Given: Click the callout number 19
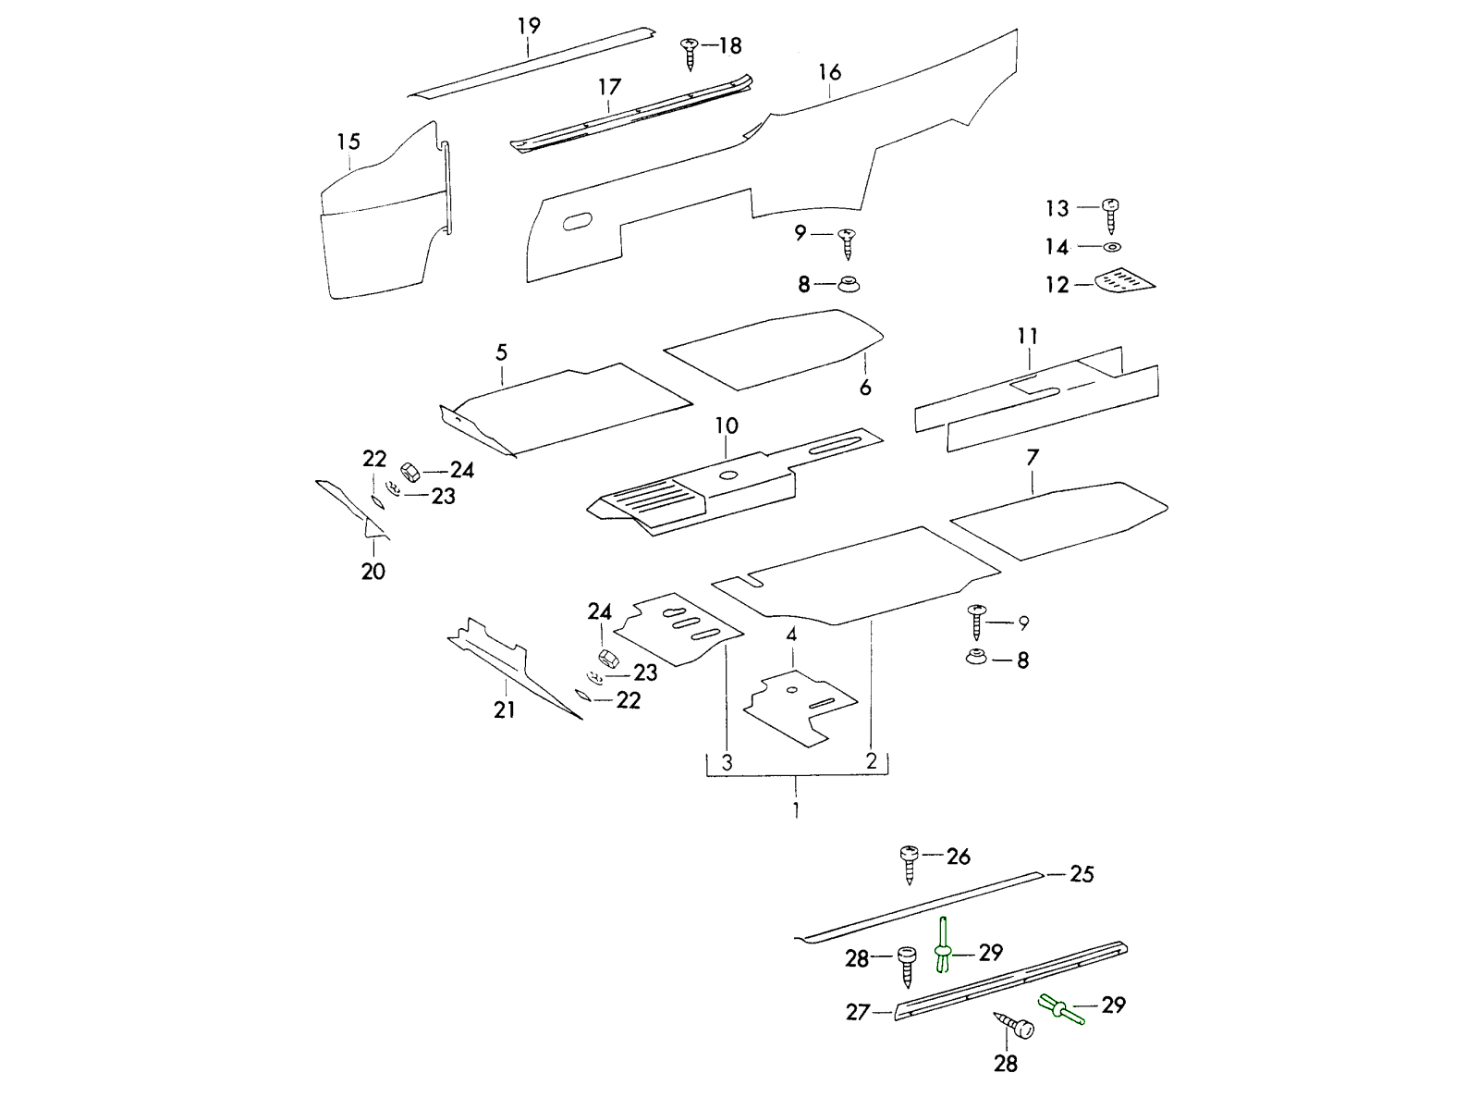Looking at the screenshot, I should coord(529,25).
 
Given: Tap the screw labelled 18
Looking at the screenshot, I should coord(690,52).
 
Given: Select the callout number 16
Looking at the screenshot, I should coord(829,72).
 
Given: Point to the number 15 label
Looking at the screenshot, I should coord(348,142).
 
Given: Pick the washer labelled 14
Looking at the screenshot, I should coord(1112,247).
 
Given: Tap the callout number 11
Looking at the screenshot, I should coord(1028,336).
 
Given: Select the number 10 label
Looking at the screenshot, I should coord(727,426).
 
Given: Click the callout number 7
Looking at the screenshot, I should coord(1033,457).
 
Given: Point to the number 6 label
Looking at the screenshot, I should coord(865,388).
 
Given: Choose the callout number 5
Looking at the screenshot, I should coord(501,352).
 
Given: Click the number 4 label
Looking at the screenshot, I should coord(791,635).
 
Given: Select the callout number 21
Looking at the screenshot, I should coord(505,710).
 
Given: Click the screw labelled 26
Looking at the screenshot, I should coord(909,864).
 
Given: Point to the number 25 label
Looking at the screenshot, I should coord(1082,874).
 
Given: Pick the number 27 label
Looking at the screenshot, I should coord(858,1013).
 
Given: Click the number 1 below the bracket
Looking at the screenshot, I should coord(797,810).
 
